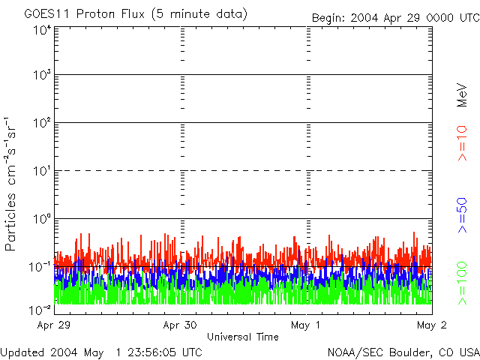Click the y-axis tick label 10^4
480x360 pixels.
(42, 30)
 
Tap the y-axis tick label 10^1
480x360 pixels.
(42, 172)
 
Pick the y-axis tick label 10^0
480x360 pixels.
(42, 220)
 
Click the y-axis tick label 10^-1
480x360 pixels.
(40, 267)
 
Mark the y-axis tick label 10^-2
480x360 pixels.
(40, 308)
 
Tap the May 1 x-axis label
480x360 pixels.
(307, 325)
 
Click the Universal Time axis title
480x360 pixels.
(243, 337)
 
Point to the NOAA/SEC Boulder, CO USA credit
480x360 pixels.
(403, 352)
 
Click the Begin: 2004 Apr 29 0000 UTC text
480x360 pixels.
(394, 17)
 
